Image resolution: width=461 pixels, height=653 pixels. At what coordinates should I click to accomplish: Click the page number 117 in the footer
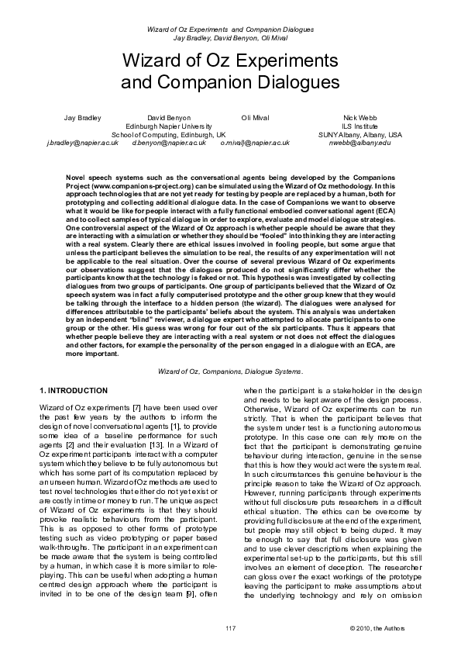coord(230,627)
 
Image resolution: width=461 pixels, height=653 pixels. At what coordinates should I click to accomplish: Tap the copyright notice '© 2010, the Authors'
coord(376,627)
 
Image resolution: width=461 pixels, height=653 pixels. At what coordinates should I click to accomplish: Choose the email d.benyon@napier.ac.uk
coord(168,143)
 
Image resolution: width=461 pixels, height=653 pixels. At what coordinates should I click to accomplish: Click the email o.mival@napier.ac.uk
coord(255,143)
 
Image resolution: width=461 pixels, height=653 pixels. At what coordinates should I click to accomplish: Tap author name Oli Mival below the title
coord(255,117)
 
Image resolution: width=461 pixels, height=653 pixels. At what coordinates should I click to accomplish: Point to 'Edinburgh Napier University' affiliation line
coord(168,126)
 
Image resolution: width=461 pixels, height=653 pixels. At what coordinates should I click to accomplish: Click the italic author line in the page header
coord(230,36)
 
